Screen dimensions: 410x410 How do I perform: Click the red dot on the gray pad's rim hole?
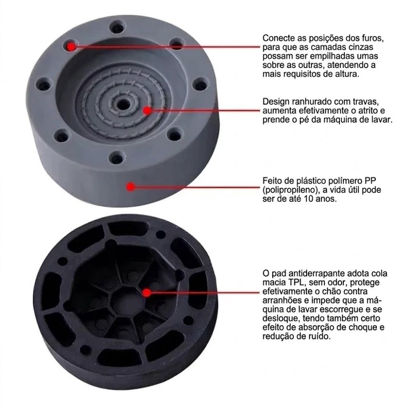pos(71,47)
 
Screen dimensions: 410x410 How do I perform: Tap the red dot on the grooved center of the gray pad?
pos(148,110)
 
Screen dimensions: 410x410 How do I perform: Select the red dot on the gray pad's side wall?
pos(130,187)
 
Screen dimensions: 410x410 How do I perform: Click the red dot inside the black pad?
pos(147,293)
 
